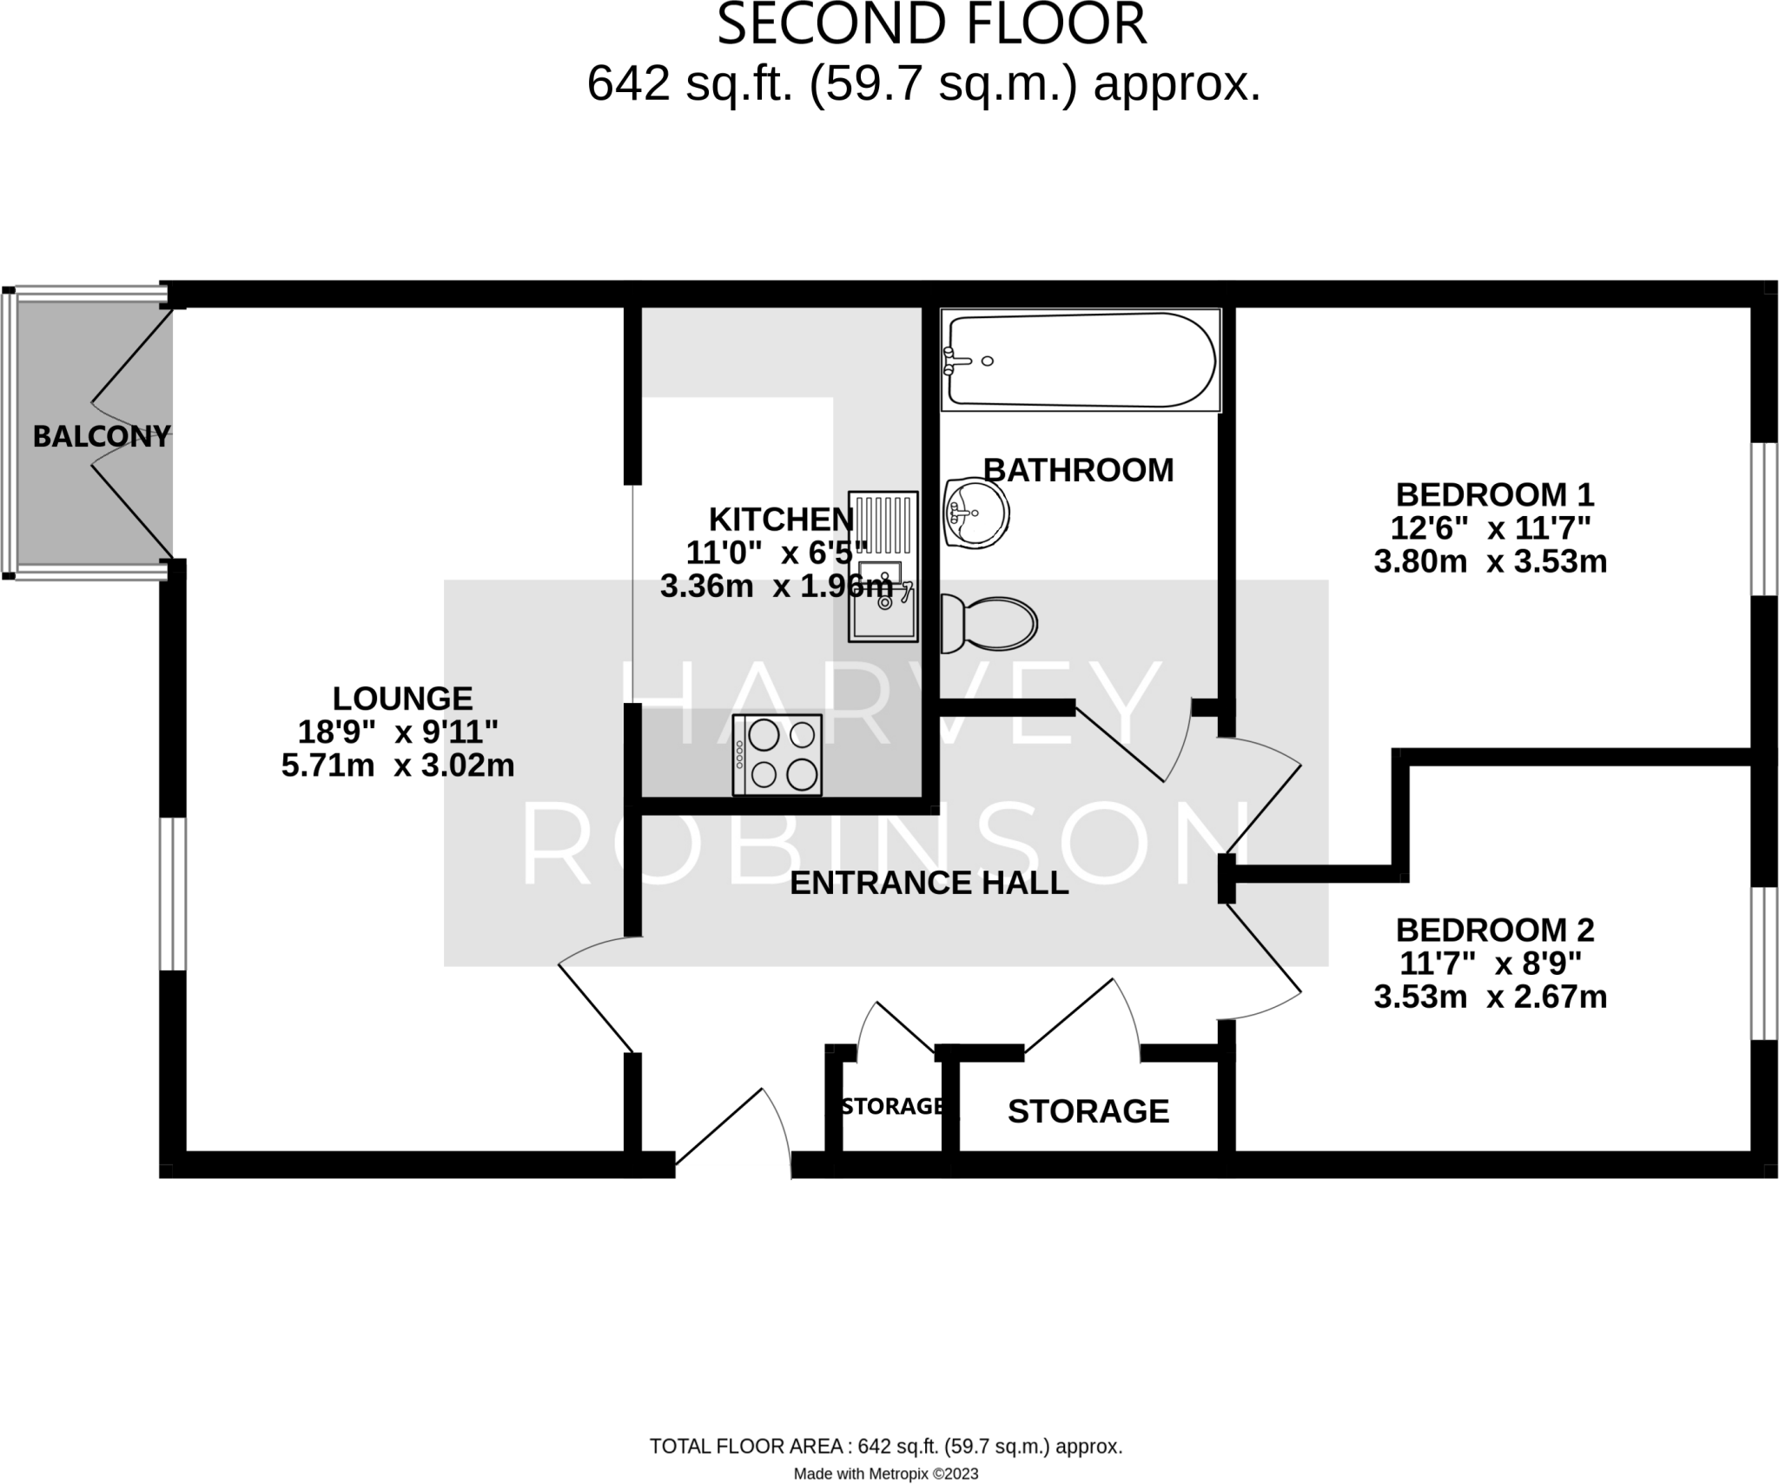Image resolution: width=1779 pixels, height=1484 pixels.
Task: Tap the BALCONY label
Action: coord(101,436)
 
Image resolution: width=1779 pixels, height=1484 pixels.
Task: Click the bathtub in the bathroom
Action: coord(1081,361)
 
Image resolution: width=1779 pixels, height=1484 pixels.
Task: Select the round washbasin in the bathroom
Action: coord(976,512)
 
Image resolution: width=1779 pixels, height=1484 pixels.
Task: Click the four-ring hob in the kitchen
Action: coord(777,754)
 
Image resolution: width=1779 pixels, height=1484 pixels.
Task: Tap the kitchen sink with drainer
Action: coord(883,566)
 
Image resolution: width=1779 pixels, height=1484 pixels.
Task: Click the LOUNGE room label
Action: coord(402,699)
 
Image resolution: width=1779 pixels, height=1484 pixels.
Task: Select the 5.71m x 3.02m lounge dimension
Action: coord(398,765)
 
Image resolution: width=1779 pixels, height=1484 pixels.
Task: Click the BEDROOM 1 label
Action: coord(1494,495)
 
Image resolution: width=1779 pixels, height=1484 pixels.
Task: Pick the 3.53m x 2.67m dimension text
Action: coord(1490,997)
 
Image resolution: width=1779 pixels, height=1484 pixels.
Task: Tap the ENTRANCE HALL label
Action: coord(929,883)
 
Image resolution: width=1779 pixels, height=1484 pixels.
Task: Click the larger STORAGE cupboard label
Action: coord(1088,1111)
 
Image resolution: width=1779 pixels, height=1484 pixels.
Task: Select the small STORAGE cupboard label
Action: coord(893,1106)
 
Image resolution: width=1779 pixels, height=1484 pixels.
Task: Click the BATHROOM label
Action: coord(1078,470)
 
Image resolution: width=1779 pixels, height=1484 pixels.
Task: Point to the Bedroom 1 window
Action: coord(1763,520)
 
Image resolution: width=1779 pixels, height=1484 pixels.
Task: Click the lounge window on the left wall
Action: coord(173,893)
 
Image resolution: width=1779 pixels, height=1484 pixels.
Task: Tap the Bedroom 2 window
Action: coord(1763,963)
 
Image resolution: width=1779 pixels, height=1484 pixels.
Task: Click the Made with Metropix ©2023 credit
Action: coord(885,1474)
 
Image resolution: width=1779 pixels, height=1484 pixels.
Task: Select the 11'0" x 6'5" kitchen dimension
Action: coord(777,553)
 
